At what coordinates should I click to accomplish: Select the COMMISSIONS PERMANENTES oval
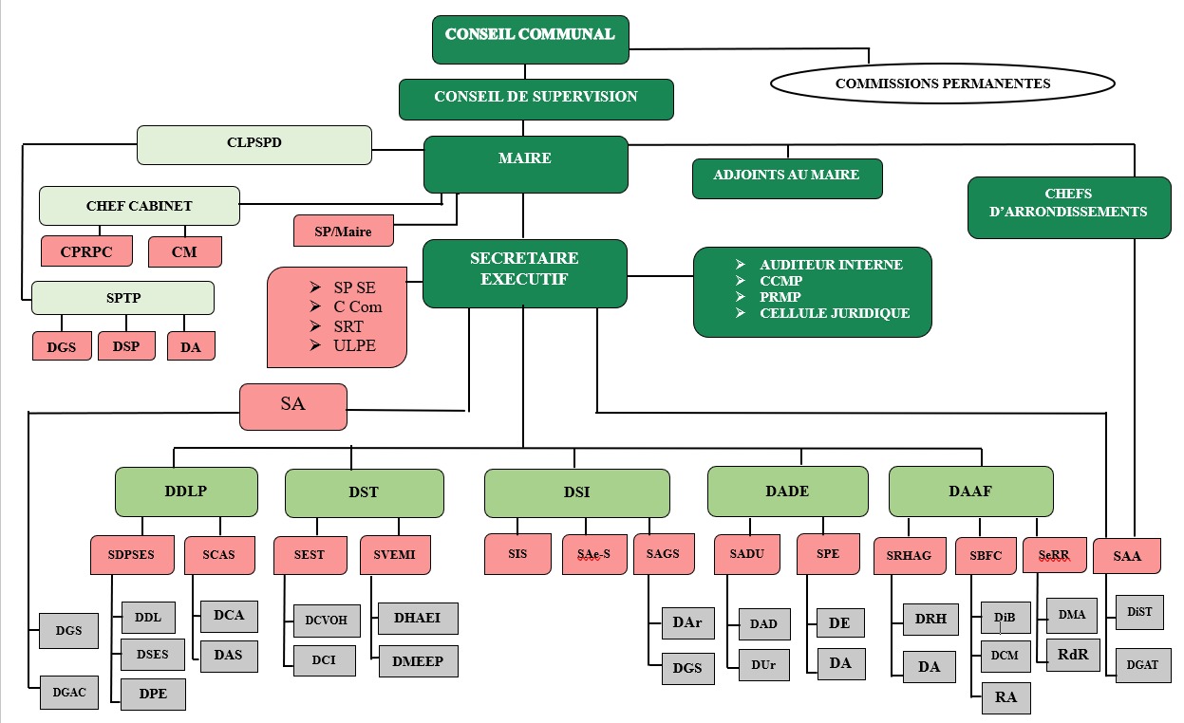[942, 83]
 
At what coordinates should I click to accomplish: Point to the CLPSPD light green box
[254, 144]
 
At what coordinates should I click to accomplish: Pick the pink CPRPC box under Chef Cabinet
[87, 251]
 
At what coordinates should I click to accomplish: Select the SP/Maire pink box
[344, 231]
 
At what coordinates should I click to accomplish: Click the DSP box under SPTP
[125, 346]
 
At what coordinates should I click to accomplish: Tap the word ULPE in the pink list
[354, 345]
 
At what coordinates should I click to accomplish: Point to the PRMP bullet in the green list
[780, 297]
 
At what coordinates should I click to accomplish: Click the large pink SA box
[292, 405]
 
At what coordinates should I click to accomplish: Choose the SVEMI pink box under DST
[394, 555]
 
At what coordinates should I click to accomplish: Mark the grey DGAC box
[69, 693]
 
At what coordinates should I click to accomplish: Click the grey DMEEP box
[418, 661]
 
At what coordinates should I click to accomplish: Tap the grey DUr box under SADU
[762, 665]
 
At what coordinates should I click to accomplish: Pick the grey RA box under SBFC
[1005, 697]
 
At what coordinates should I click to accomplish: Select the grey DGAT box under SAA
[1142, 664]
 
